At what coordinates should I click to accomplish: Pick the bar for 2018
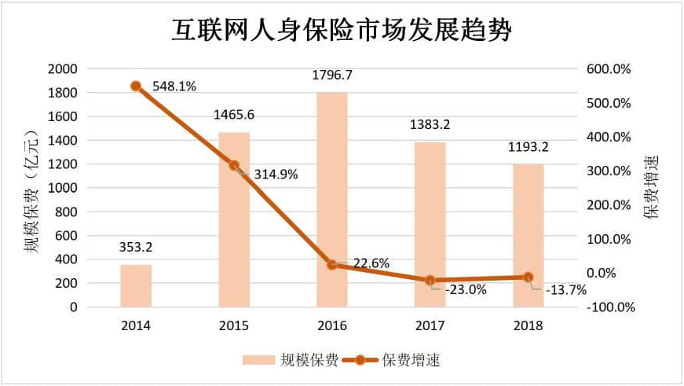[x=528, y=235]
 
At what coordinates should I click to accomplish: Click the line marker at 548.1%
[x=136, y=86]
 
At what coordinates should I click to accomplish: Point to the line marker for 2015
[x=234, y=166]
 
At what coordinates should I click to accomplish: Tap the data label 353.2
[x=136, y=248]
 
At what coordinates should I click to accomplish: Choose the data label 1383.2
[x=430, y=125]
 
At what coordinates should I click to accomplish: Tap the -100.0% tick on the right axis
[x=609, y=307]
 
